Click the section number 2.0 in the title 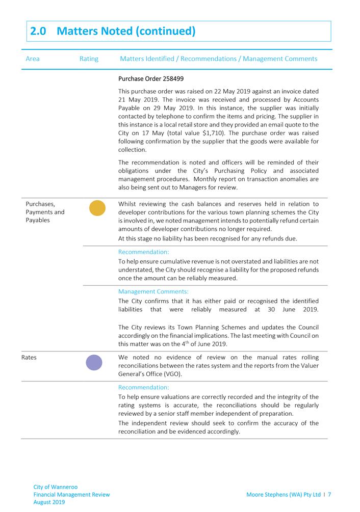pos(39,31)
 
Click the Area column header pos(33,59)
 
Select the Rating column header pos(89,59)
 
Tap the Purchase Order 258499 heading pos(151,79)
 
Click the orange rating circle pos(97,208)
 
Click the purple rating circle pos(94,362)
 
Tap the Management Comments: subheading pos(153,292)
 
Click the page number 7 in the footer pos(330,494)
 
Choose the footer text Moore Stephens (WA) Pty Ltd pos(284,494)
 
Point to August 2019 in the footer pos(49,502)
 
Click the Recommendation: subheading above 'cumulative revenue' pos(143,252)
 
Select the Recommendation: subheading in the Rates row pos(143,387)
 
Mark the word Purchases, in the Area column pos(40,204)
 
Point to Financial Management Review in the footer pos(71,494)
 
